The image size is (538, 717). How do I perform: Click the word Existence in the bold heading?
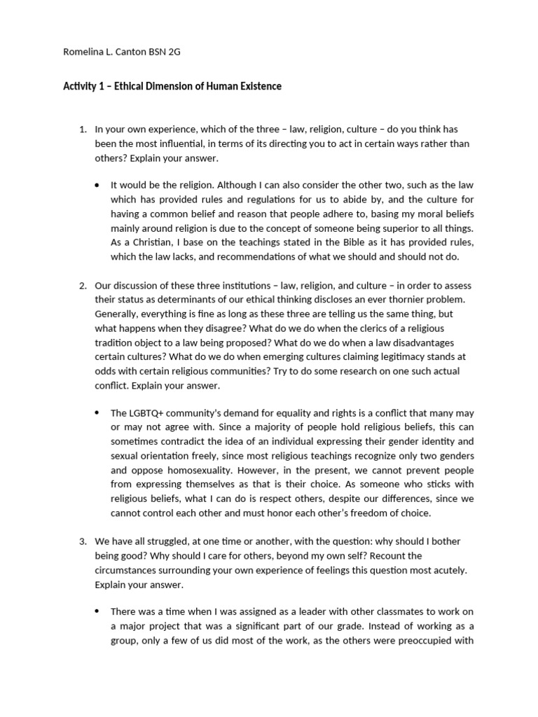point(257,87)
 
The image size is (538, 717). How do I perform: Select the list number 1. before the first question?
point(82,130)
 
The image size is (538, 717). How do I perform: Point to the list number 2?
point(82,285)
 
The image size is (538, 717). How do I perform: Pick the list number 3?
point(82,541)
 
